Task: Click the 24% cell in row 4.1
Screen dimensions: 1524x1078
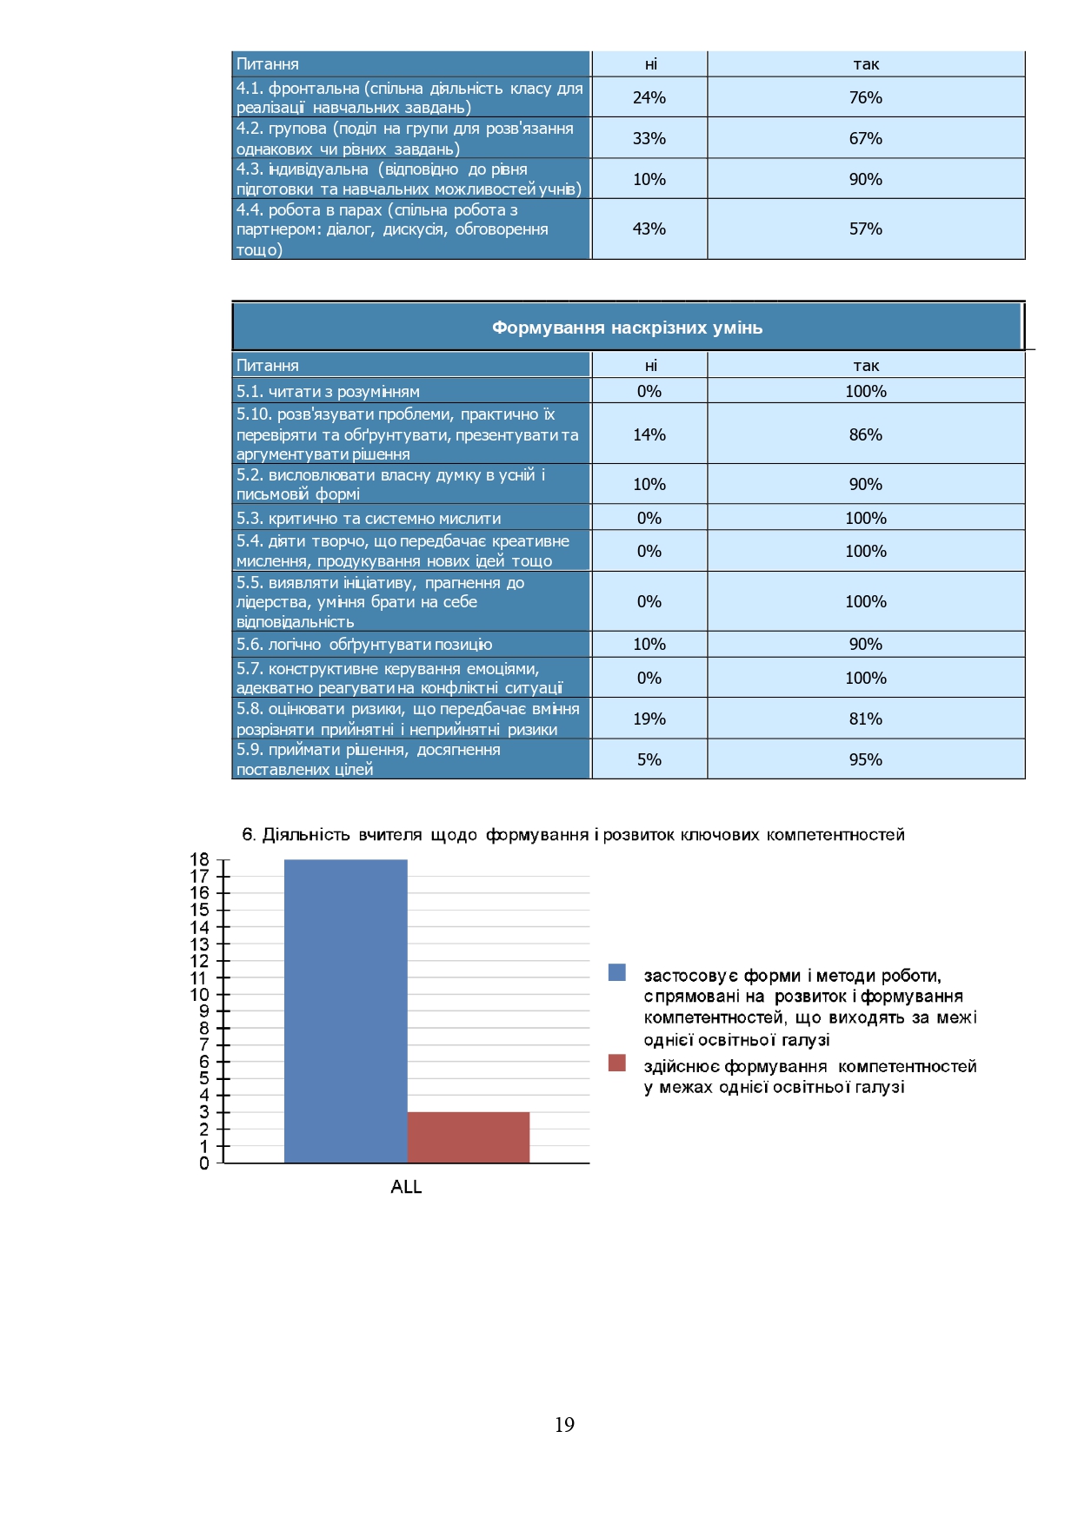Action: (649, 97)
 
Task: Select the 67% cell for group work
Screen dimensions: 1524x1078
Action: (865, 138)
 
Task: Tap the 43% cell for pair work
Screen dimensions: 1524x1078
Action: (649, 229)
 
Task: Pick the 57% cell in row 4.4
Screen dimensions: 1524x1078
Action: (865, 229)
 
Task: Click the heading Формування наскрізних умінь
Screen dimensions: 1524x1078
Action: (627, 328)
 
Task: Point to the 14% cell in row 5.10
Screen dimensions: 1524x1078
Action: (649, 434)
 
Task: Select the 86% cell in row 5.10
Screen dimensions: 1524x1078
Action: (865, 434)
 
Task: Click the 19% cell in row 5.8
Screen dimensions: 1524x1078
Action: (649, 719)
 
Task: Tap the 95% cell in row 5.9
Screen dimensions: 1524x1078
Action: (865, 759)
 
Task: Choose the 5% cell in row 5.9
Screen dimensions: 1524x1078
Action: (649, 759)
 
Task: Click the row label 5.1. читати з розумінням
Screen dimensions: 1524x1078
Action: (328, 391)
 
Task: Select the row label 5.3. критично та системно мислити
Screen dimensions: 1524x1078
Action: (369, 518)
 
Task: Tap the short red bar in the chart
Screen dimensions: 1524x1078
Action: (468, 1137)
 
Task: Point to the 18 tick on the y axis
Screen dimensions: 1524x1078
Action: (200, 859)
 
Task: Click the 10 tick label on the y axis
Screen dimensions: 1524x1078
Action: (200, 994)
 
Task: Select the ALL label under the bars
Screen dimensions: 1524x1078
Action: (406, 1187)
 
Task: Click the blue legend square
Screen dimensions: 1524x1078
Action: (617, 972)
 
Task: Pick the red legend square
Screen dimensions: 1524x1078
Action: (617, 1063)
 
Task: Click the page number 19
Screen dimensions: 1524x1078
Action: (564, 1424)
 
